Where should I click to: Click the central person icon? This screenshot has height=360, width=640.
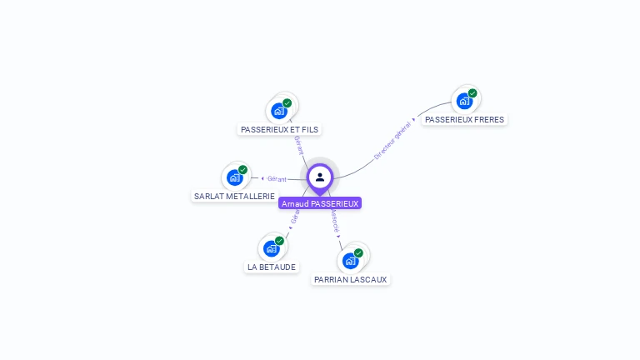point(320,177)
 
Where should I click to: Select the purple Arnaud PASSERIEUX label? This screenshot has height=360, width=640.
point(320,203)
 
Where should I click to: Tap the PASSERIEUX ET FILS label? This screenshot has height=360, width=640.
point(280,129)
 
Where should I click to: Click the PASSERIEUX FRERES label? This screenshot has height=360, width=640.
point(464,119)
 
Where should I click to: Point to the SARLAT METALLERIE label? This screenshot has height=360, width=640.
point(234,197)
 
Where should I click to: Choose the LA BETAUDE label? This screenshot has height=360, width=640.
point(272,267)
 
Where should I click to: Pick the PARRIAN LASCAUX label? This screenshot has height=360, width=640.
point(351,280)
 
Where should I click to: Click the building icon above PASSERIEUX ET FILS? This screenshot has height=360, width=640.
point(279,110)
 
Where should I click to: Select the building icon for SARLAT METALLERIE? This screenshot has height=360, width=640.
point(235,177)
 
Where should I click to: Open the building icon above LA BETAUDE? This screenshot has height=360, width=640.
point(271,247)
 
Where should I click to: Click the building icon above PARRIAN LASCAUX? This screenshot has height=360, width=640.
point(350,260)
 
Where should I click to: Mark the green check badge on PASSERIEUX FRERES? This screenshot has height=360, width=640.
point(472,92)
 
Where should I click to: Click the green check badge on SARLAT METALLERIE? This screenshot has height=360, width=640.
point(243,169)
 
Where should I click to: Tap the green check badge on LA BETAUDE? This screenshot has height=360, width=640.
point(279,240)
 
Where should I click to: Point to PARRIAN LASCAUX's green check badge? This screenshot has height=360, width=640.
point(358,252)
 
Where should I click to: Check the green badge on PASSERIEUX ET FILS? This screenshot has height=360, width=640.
point(287,102)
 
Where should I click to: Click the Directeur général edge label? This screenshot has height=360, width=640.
point(392,140)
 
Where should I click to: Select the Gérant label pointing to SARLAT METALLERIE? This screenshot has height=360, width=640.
point(277,178)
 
